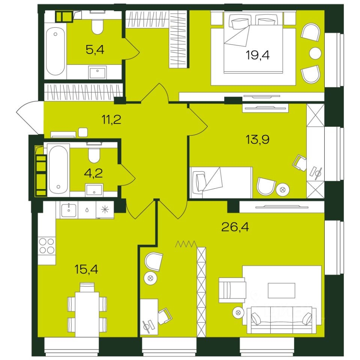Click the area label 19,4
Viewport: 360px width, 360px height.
(258, 55)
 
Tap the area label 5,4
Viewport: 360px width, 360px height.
(95, 49)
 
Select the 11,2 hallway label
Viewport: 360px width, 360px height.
(111, 120)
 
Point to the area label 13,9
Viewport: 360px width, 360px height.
(257, 139)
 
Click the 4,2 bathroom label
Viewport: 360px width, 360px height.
(93, 173)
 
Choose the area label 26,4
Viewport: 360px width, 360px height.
(235, 227)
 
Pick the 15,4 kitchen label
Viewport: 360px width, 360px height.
(86, 269)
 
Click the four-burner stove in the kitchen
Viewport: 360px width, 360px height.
(47, 246)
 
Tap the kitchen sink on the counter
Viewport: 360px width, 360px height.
(69, 210)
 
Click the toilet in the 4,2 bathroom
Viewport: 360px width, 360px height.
(94, 155)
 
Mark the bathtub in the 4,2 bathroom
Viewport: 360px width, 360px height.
(58, 170)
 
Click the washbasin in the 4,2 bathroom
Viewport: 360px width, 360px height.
(94, 190)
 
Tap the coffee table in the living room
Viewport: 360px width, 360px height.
(282, 290)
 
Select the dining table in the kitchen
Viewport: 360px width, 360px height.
(87, 314)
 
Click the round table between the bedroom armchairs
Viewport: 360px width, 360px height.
(315, 53)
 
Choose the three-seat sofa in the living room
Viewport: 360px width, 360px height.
(282, 320)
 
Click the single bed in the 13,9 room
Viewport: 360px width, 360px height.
(221, 183)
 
